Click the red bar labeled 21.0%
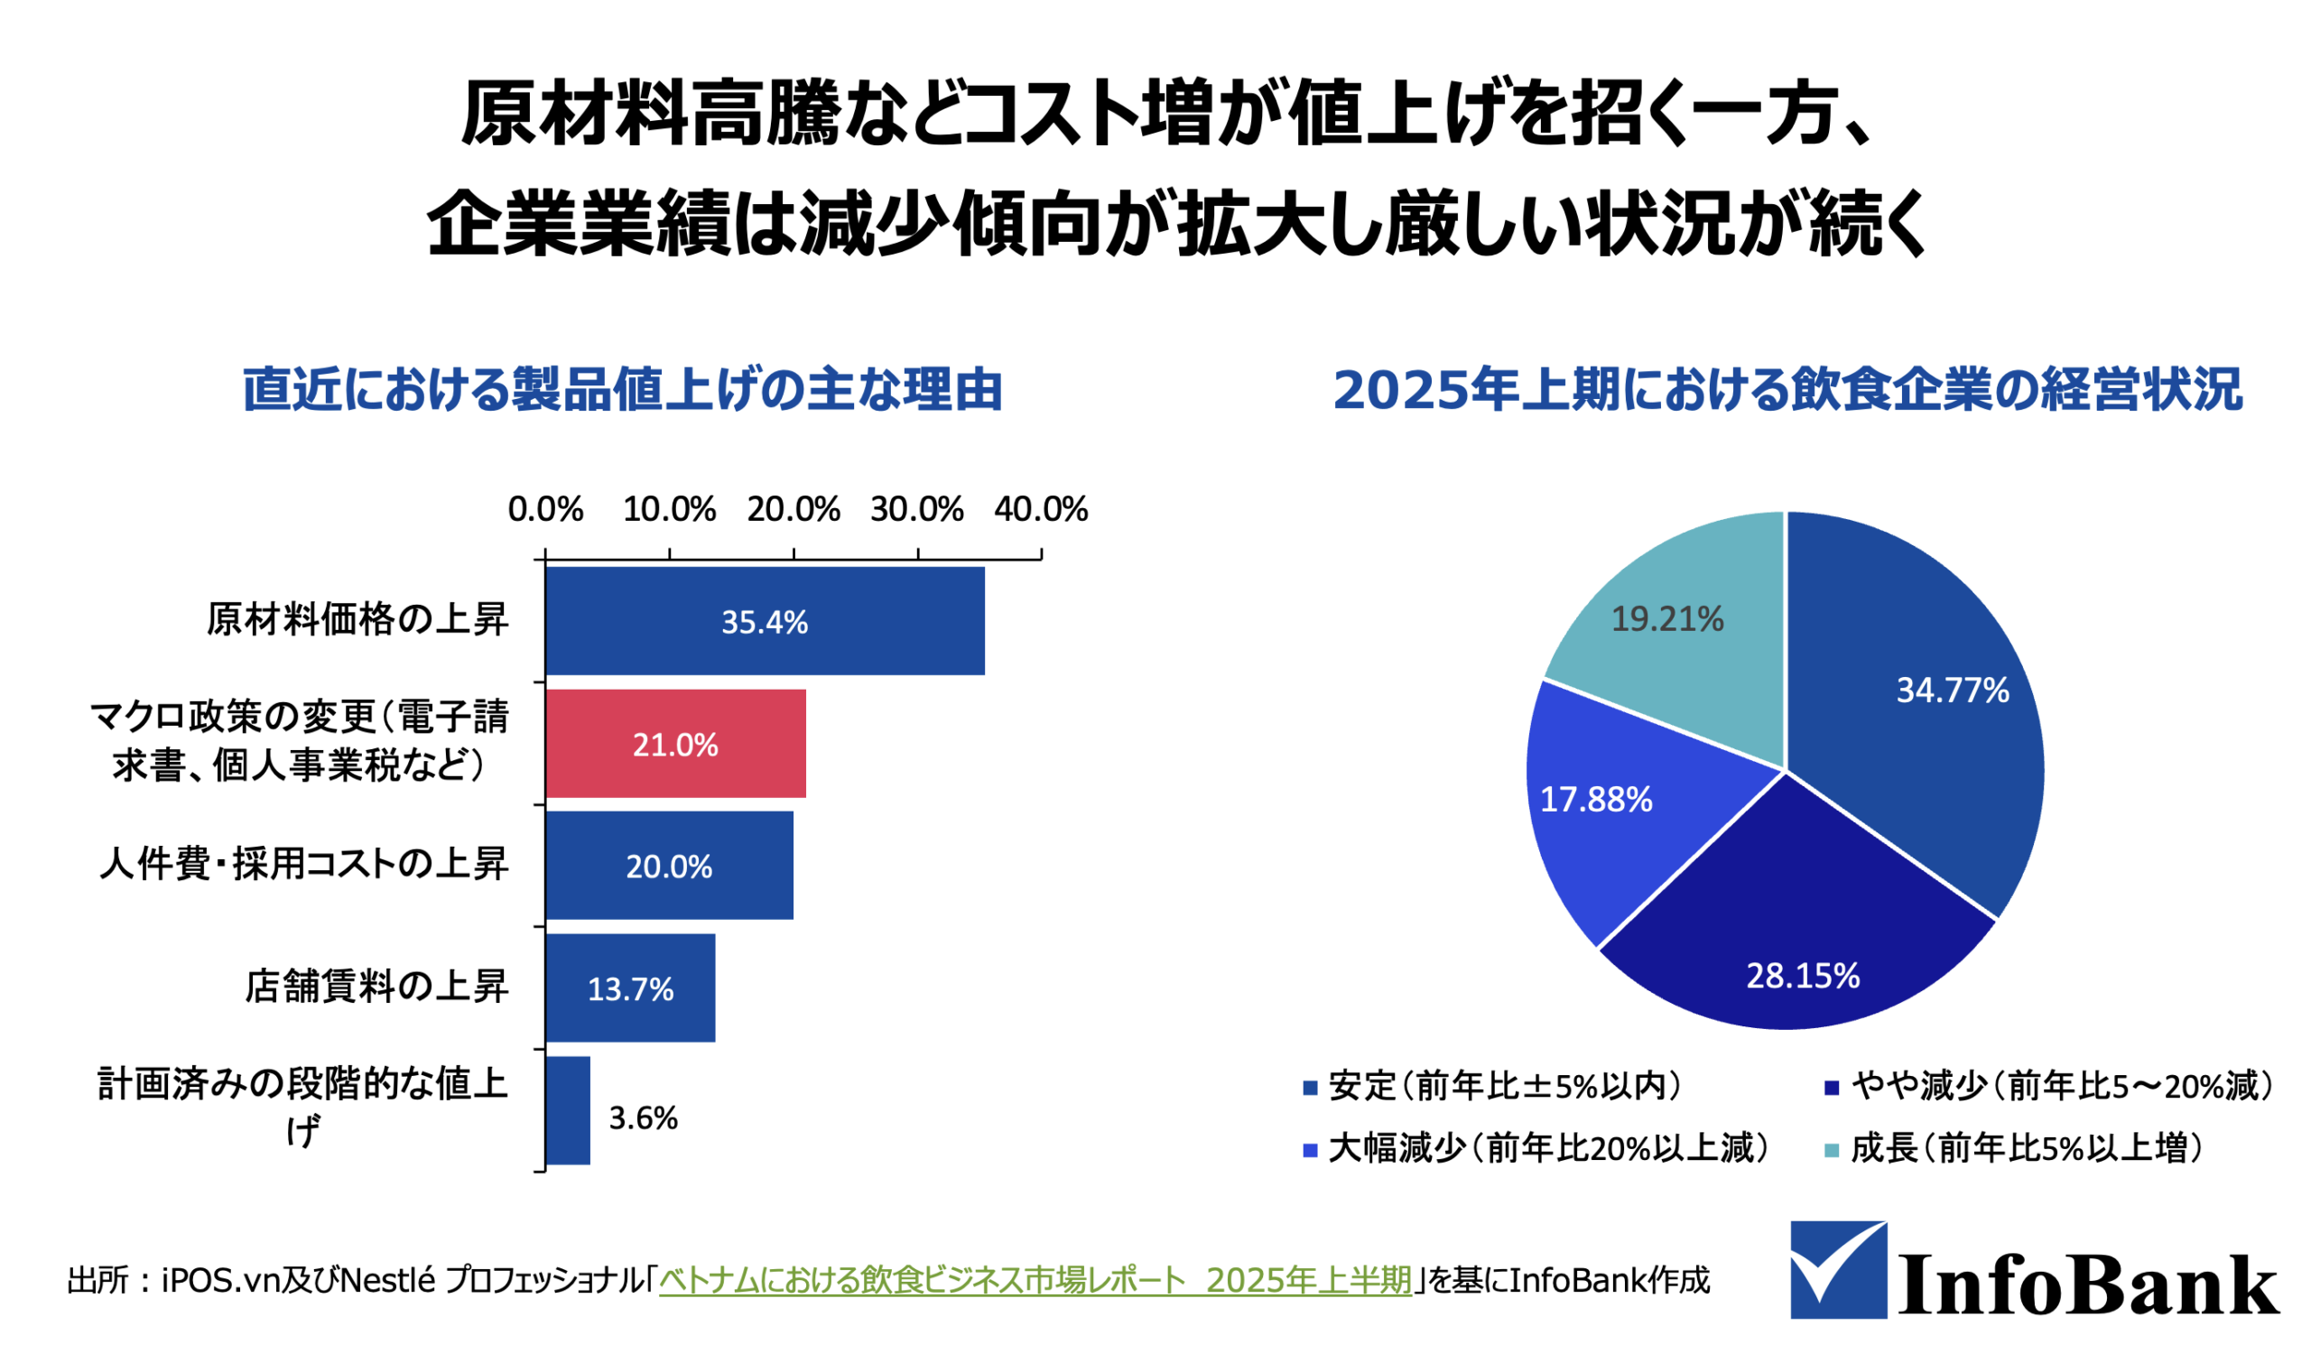point(676,744)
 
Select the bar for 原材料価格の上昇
point(766,621)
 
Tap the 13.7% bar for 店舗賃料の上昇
point(631,988)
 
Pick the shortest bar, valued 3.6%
point(569,1110)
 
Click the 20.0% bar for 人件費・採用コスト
point(670,866)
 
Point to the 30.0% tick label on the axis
point(917,510)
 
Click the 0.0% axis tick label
point(545,510)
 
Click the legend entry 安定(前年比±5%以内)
point(1494,1086)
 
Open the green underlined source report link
point(1035,1280)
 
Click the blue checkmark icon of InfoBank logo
point(1839,1269)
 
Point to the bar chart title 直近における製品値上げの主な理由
point(623,390)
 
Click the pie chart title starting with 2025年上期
point(1787,390)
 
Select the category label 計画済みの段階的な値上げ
point(302,1108)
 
